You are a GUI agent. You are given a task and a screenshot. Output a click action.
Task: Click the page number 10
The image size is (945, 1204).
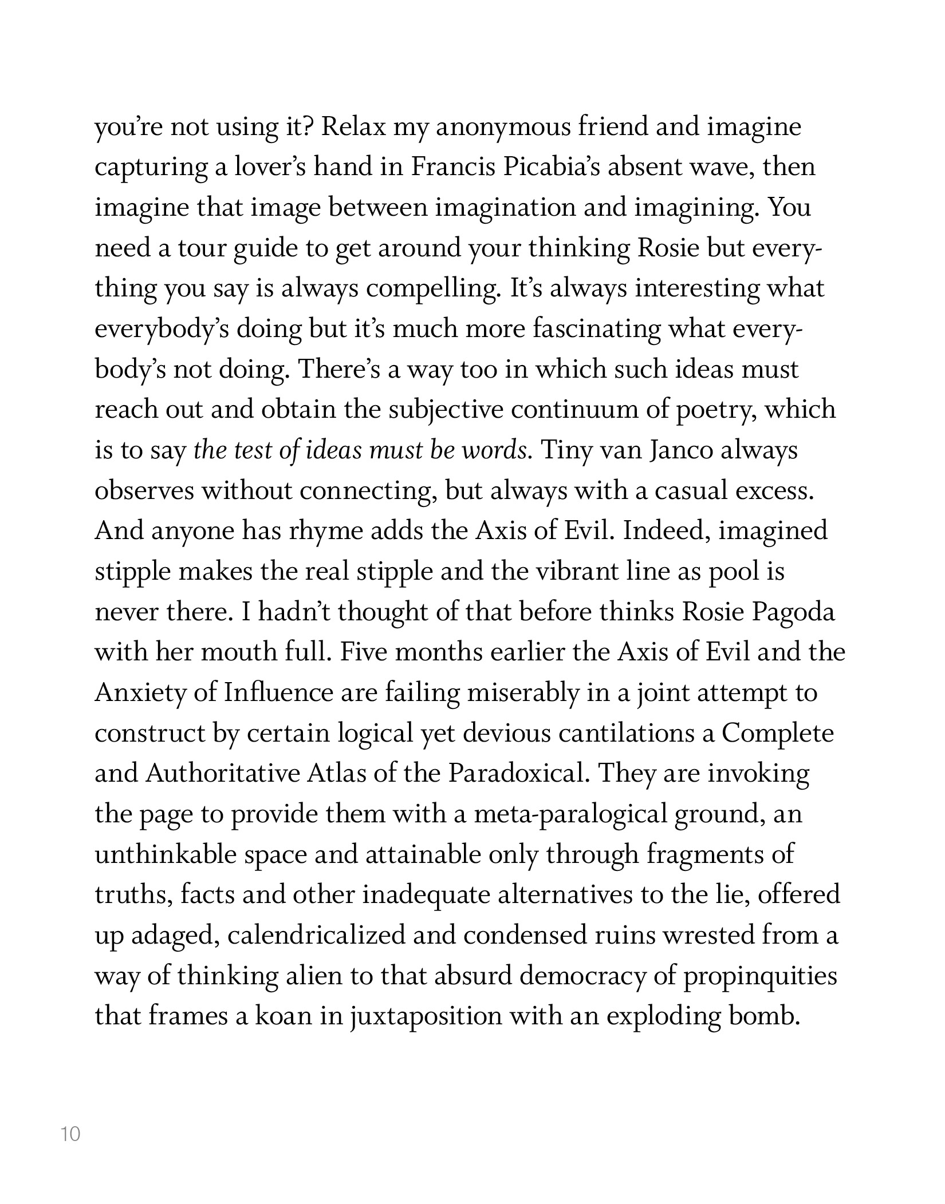tap(70, 1134)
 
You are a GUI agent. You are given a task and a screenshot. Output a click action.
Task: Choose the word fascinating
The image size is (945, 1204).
tap(596, 329)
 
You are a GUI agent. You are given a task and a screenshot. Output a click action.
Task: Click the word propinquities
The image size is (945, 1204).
tap(760, 976)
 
